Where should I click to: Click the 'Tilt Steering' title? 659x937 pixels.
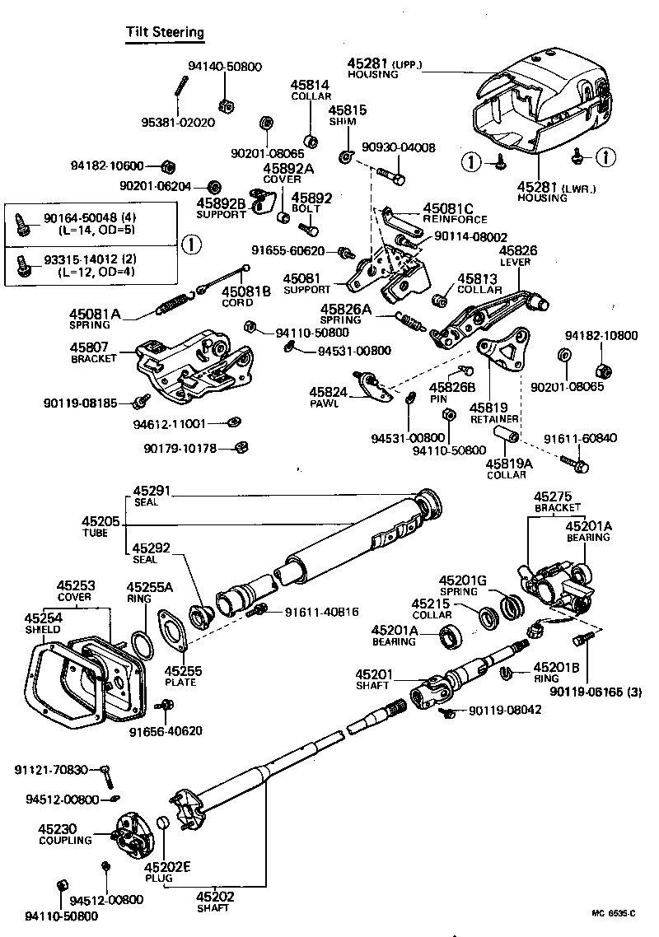[164, 32]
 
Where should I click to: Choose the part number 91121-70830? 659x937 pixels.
[51, 769]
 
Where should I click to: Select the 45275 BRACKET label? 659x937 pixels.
[557, 501]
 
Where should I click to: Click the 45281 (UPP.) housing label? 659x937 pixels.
[384, 68]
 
